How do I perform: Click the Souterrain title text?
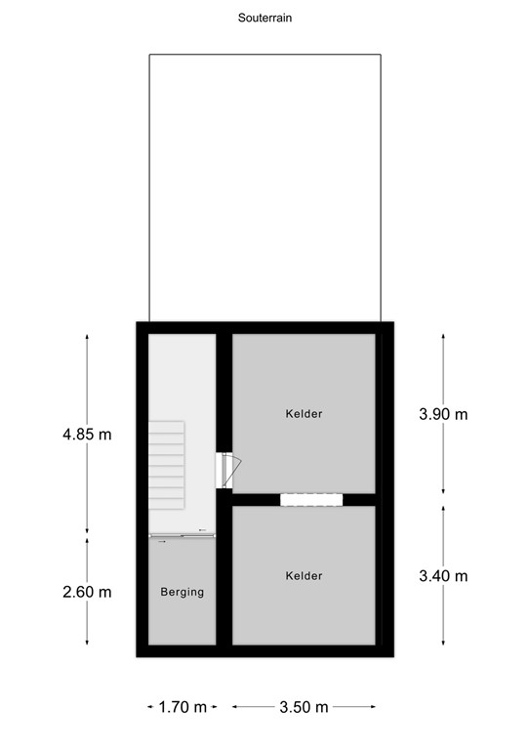tap(265, 17)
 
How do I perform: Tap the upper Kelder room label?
tap(304, 413)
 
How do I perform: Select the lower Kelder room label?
tap(304, 576)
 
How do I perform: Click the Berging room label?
tap(183, 592)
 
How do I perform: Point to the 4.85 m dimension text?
tap(87, 435)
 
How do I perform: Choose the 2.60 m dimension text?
tap(87, 592)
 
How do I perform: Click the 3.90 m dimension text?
tap(443, 414)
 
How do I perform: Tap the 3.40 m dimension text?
tap(443, 576)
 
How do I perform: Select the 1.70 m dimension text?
tap(183, 707)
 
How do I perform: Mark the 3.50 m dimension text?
tap(304, 707)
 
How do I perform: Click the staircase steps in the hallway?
tap(167, 464)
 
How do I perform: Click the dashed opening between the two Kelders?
tap(311, 499)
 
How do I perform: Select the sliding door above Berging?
tap(182, 534)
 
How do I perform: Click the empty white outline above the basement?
tap(265, 186)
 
